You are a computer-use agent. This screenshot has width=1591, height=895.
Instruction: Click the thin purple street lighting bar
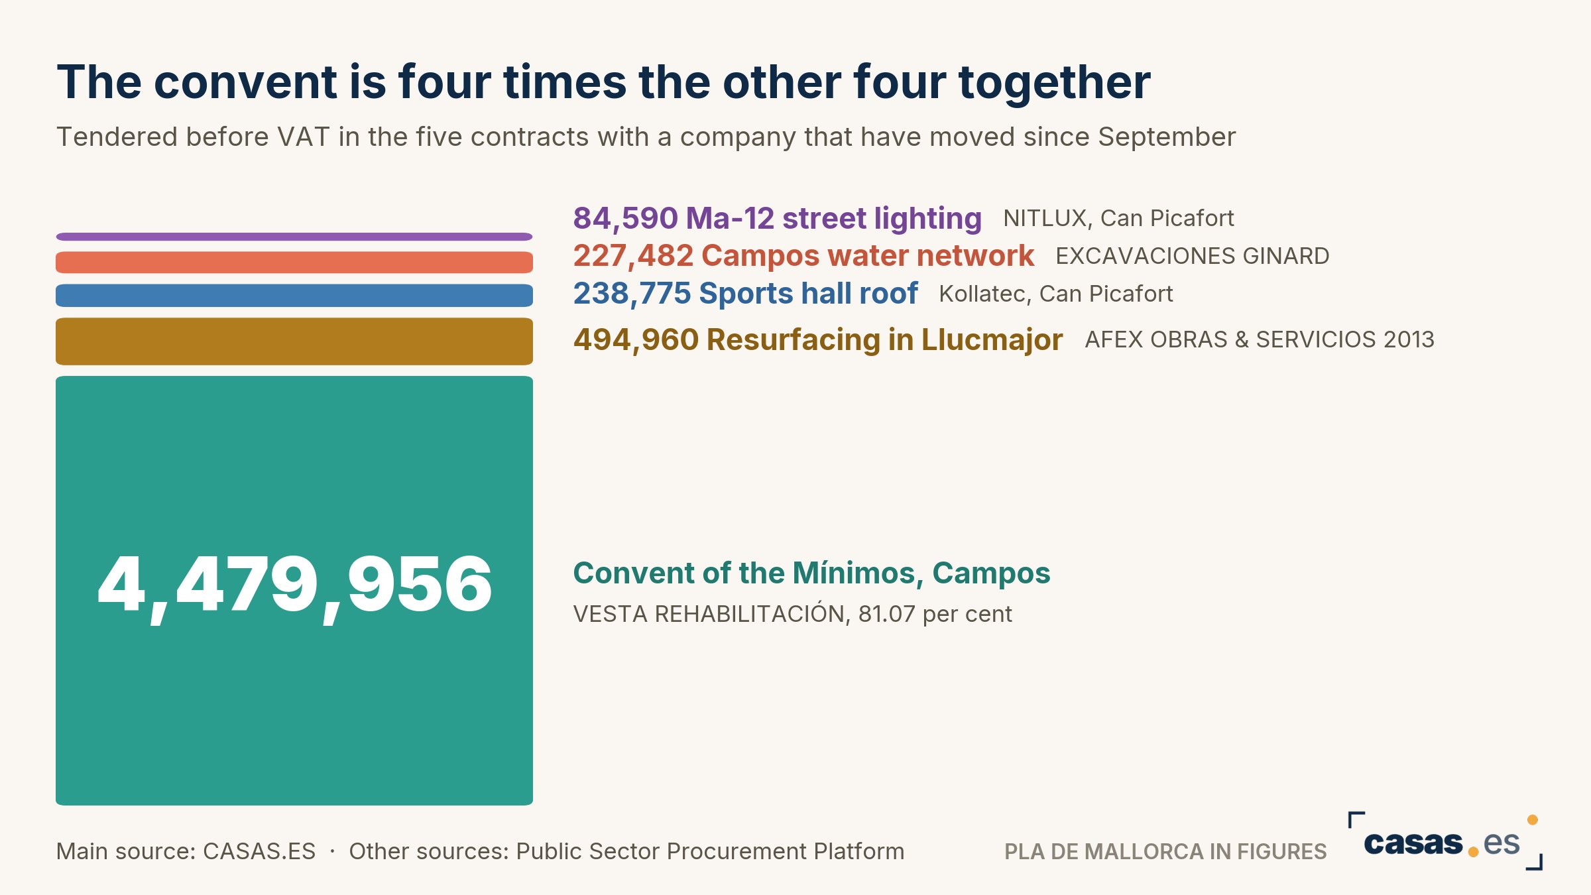point(294,237)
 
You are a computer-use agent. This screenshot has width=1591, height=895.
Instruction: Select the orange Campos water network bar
point(294,263)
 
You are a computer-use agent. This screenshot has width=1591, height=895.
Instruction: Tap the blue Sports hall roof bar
point(294,296)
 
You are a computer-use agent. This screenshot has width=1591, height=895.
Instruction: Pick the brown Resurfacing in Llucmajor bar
point(294,341)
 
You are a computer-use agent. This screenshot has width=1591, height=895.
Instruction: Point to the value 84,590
point(625,219)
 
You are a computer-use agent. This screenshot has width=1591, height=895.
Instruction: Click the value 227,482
point(633,256)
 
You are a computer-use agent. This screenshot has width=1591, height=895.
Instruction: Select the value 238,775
point(632,294)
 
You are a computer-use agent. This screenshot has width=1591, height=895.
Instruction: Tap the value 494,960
point(636,340)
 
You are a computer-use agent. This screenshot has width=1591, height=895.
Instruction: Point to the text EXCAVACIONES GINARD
point(1192,256)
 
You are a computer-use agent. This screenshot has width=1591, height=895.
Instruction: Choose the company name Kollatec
point(982,294)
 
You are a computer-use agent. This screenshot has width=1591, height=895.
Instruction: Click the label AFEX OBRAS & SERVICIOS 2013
point(1260,339)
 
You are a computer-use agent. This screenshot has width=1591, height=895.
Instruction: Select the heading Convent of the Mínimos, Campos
point(811,573)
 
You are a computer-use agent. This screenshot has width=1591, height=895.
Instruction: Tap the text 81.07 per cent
point(935,615)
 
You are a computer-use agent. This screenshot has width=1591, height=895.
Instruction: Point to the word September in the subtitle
point(1167,137)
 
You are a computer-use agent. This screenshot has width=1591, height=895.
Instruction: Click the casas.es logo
point(1445,841)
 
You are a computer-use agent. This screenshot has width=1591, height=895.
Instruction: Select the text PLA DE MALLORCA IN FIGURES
point(1165,851)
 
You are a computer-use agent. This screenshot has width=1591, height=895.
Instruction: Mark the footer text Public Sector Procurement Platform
point(710,851)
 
